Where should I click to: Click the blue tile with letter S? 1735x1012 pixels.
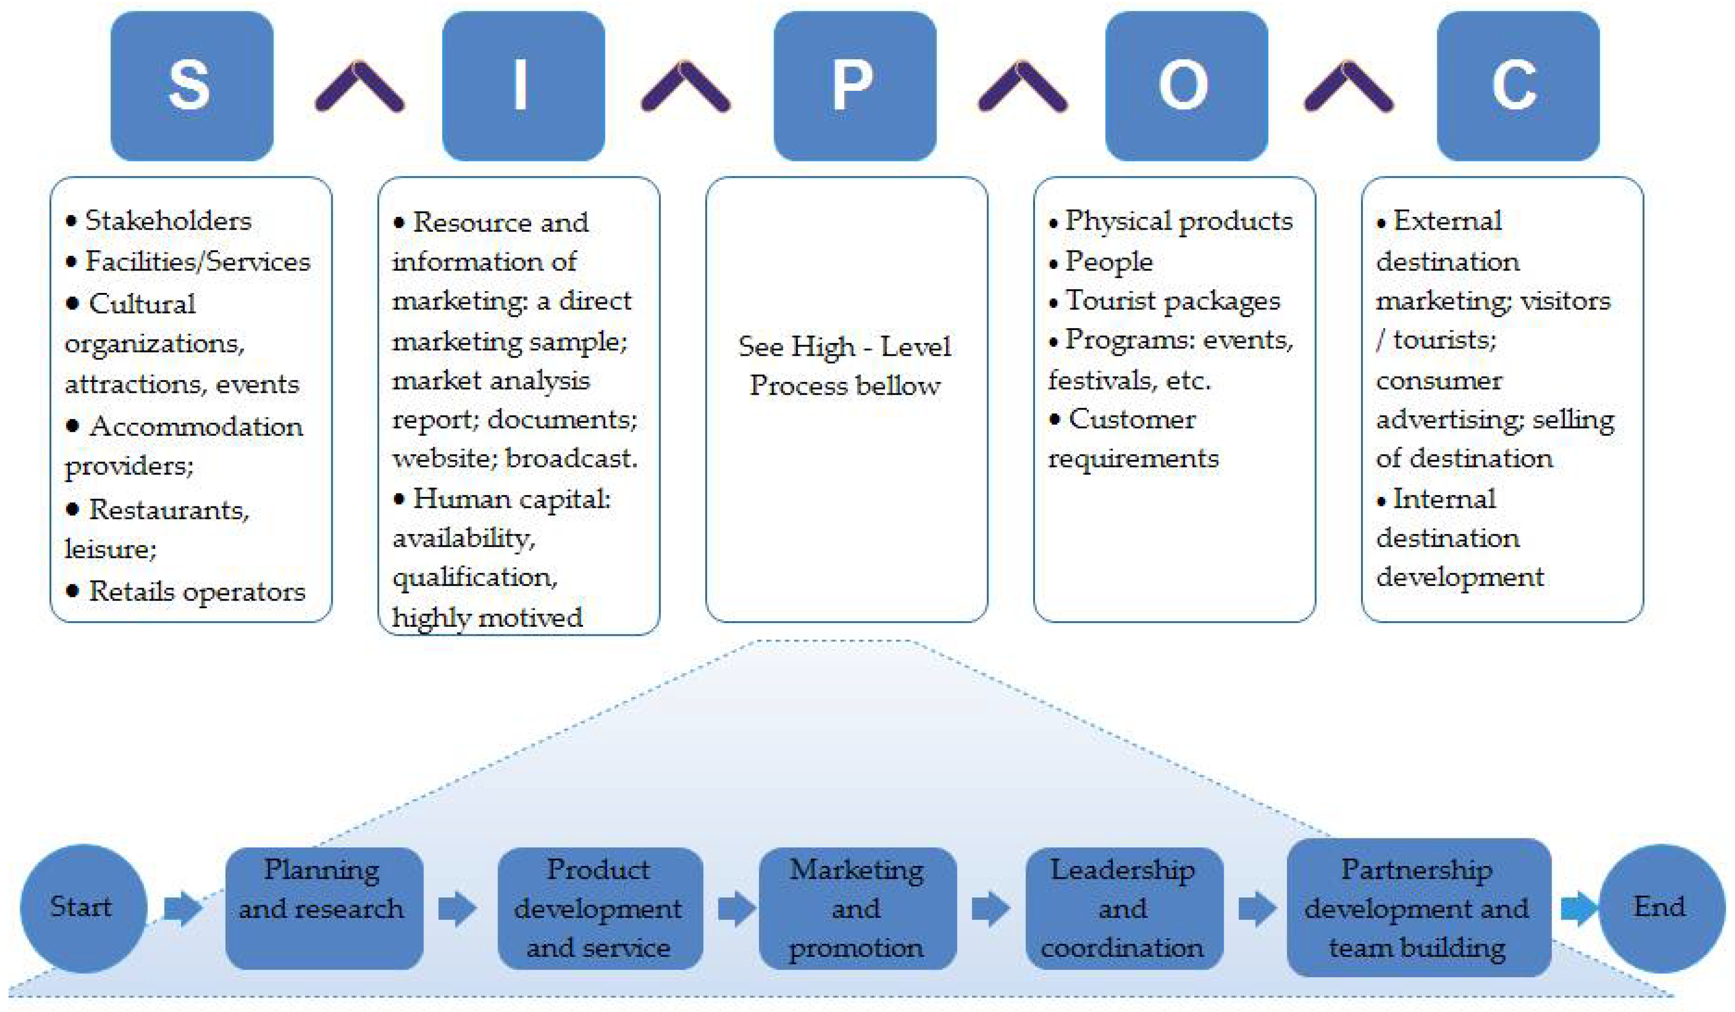(x=192, y=86)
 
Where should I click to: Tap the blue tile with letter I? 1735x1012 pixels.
(x=523, y=86)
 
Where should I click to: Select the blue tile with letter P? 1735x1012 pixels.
(x=854, y=86)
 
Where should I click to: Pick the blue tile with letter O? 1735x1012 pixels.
(x=1186, y=86)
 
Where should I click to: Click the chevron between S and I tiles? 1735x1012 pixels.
(x=359, y=86)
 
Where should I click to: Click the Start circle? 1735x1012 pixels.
(x=83, y=908)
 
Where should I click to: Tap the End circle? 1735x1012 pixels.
(x=1661, y=908)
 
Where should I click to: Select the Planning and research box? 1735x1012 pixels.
(x=324, y=908)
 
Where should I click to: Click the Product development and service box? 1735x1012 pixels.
(x=599, y=908)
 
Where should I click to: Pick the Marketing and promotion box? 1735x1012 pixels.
(x=857, y=908)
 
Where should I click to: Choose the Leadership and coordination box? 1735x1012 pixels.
(x=1123, y=908)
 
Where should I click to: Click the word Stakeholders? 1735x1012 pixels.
(x=168, y=221)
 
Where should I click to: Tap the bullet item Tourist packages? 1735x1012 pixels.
(x=1172, y=301)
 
